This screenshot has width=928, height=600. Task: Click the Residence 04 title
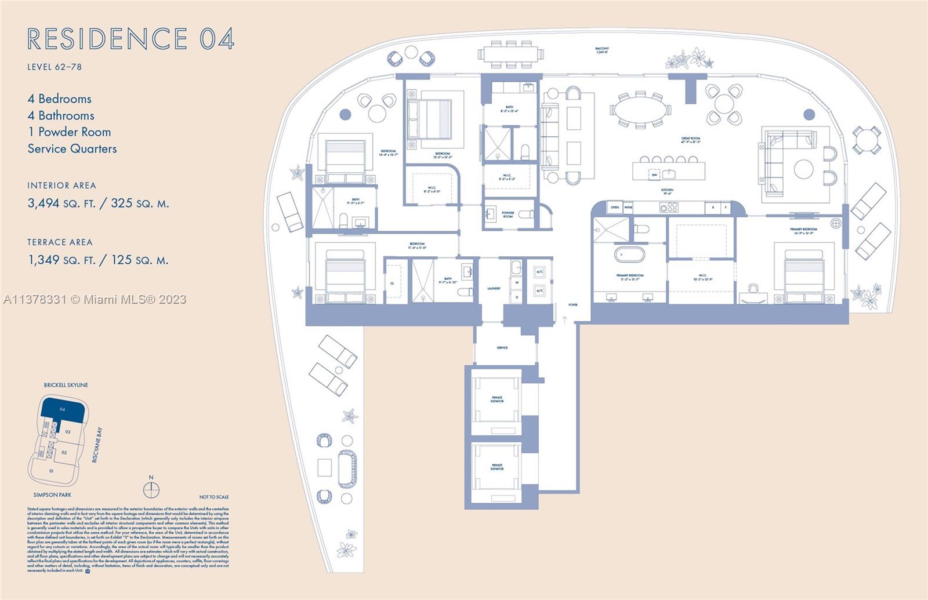(x=130, y=39)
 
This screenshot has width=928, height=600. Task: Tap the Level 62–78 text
(x=55, y=67)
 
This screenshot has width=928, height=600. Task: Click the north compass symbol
(x=151, y=490)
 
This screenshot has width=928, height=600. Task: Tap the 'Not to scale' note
(x=213, y=497)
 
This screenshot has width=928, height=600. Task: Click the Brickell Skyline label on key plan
(x=66, y=385)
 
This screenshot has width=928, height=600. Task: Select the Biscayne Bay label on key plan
(x=97, y=445)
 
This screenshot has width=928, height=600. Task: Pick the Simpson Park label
(x=52, y=494)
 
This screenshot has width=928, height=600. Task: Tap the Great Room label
(x=690, y=140)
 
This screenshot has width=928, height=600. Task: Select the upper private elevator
(x=496, y=400)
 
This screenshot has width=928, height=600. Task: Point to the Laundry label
(x=494, y=288)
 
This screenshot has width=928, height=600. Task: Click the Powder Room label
(x=508, y=214)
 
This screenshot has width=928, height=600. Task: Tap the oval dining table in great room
(x=640, y=110)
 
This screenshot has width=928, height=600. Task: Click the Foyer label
(x=572, y=304)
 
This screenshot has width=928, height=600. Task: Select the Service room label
(x=502, y=348)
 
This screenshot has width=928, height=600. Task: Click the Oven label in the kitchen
(x=614, y=207)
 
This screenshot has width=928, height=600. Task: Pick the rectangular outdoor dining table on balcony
(x=511, y=54)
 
